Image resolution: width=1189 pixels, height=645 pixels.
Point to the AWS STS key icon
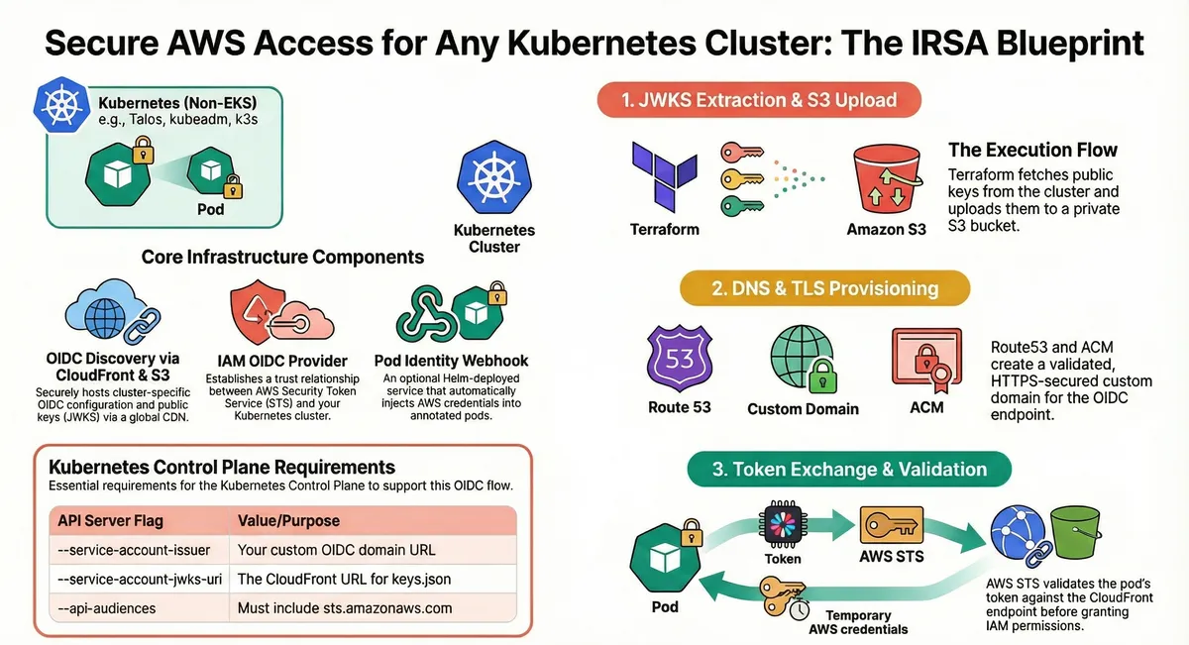coord(891,524)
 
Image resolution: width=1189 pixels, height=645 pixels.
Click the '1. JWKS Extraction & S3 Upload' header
coord(759,100)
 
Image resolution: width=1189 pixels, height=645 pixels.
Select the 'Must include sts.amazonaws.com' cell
coord(345,607)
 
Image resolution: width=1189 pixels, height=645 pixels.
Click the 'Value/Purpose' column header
coord(288,520)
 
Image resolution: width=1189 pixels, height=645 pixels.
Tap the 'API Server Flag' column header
coord(110,520)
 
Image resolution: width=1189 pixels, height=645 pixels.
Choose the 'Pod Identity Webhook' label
coord(451,361)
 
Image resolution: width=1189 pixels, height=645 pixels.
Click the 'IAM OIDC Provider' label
coord(282,361)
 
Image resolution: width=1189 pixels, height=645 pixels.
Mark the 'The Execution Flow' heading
coord(1032,151)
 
